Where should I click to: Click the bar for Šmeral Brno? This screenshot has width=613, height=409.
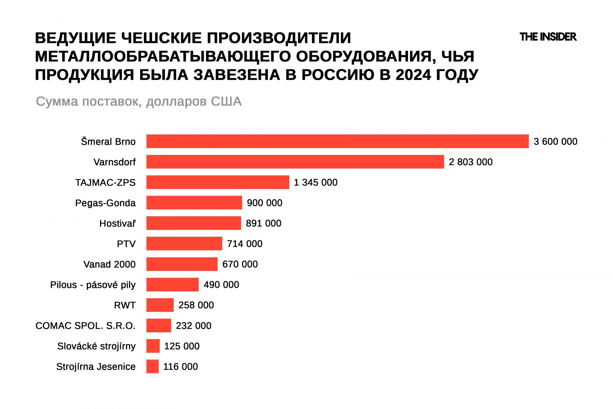point(337,141)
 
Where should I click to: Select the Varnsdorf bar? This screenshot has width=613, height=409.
point(295,162)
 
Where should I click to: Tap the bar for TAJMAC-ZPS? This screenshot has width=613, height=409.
point(218,182)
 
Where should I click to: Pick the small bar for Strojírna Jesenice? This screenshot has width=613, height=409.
point(152,366)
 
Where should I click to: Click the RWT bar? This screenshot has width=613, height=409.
point(160,305)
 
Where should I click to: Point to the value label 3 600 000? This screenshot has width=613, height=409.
point(555,141)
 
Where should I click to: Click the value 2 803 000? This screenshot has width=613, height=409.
point(470,162)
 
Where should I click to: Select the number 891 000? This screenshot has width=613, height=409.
point(263,223)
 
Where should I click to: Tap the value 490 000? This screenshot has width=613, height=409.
point(221,285)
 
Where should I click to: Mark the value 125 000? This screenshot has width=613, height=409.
point(182,346)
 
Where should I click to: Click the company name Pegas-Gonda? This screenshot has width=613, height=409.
point(105,203)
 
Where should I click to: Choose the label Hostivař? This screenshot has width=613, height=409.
point(117,223)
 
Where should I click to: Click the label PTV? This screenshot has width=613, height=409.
point(126,244)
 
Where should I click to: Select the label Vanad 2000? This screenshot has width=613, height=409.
point(109,264)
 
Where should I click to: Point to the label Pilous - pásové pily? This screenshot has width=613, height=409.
point(93,285)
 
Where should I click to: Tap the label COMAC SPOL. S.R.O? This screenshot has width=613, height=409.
point(86,326)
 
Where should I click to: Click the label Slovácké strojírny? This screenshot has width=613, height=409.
point(96,346)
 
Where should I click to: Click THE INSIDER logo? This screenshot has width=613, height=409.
point(548,37)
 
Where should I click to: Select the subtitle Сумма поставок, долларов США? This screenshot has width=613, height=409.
point(139,101)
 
